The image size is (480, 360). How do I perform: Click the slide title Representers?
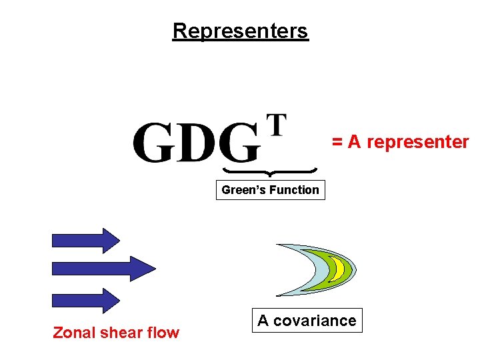[x=240, y=31]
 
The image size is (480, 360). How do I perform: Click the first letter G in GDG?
[x=155, y=143]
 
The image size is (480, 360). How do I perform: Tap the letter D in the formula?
[x=198, y=143]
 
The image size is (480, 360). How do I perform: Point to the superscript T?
[x=276, y=125]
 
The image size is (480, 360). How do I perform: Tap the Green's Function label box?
[x=270, y=190]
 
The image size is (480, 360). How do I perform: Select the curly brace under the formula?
[x=269, y=171]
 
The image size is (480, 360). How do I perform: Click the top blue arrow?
[x=85, y=239]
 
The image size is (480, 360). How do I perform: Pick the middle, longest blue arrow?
[x=103, y=267]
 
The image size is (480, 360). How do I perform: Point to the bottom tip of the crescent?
[x=279, y=295]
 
